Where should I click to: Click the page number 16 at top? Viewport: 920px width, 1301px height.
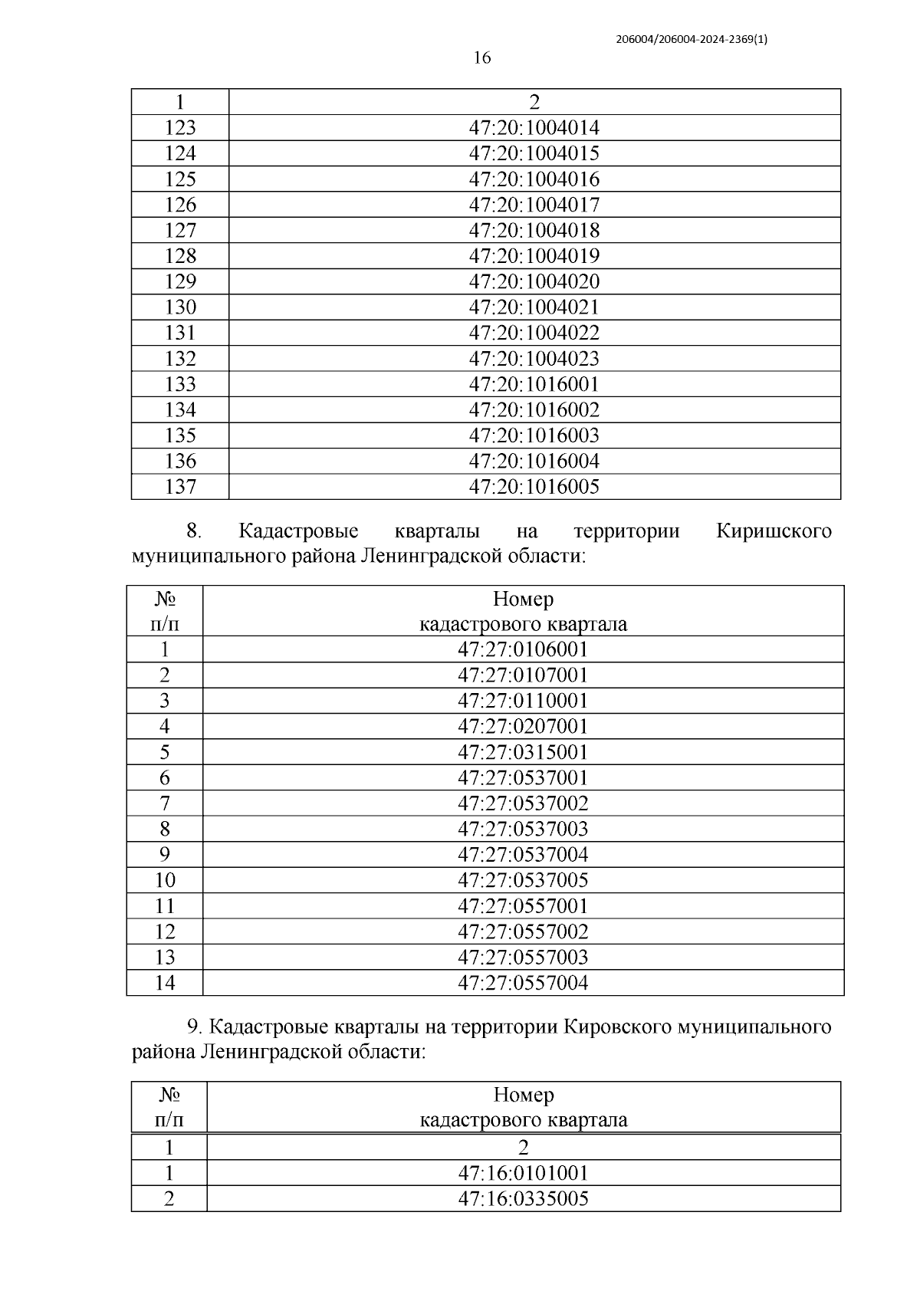coord(481,57)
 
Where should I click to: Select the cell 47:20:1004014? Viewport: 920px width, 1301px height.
coord(534,127)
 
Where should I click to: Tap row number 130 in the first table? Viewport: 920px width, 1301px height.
coord(180,307)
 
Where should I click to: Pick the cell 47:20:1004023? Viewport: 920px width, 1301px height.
coord(534,359)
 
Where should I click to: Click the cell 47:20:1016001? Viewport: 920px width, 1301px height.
coord(534,384)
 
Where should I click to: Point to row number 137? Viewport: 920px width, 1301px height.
coord(180,487)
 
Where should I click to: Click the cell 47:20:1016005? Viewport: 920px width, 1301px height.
coord(534,487)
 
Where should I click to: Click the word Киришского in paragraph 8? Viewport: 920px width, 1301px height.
coord(774,531)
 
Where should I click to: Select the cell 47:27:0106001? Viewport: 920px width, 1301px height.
coord(523,650)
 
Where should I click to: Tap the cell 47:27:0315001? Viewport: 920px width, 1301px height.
coord(523,752)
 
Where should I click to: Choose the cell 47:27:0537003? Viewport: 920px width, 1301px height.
coord(523,829)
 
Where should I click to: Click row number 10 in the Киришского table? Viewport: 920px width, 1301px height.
coord(165,880)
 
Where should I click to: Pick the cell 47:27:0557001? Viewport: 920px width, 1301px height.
coord(523,906)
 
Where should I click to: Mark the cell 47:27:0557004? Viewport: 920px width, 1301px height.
coord(523,983)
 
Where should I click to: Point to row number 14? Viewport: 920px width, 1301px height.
coord(165,983)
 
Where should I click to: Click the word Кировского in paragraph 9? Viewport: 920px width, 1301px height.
coord(616,1027)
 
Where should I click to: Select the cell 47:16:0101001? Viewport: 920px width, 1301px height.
coord(524,1173)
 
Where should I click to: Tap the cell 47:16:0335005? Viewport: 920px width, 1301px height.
coord(524,1198)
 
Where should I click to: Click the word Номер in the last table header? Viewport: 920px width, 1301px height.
coord(524,1095)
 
